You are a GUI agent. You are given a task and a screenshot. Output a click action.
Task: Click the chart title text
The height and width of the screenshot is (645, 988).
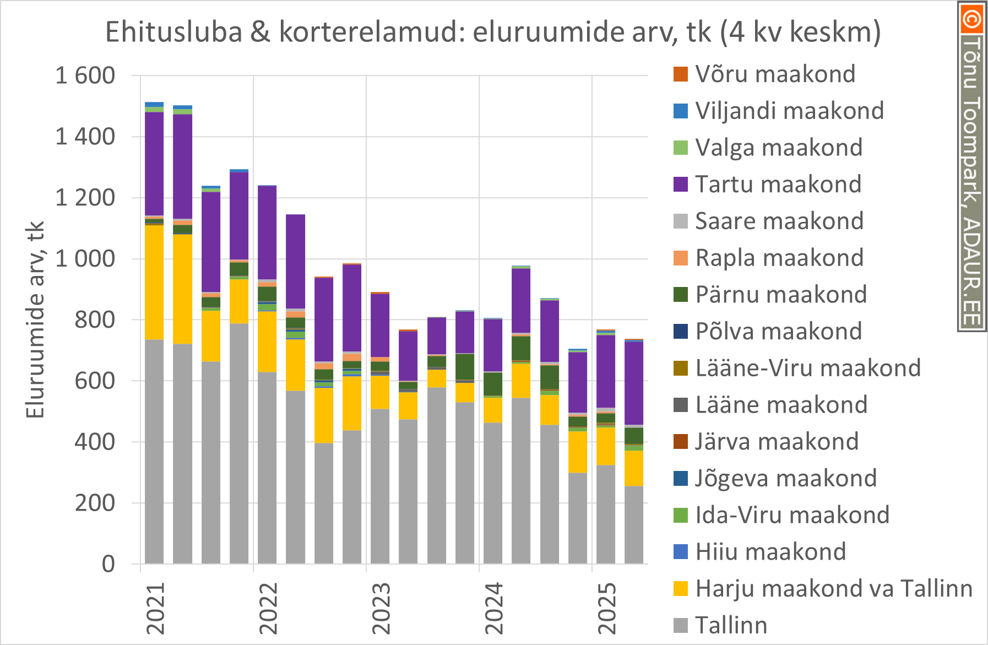pos(493,32)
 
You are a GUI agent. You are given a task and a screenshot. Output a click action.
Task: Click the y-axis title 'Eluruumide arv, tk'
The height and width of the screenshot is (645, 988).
pos(35,319)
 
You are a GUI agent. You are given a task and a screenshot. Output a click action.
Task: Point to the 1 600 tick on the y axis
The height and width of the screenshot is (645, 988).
pos(85,75)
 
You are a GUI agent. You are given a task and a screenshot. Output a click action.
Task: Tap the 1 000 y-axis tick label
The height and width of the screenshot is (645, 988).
pos(85,258)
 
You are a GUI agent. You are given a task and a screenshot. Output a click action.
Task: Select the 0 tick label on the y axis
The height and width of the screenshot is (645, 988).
pos(108,563)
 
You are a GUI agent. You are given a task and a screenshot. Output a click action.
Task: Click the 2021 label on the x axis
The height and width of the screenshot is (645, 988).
pos(155,609)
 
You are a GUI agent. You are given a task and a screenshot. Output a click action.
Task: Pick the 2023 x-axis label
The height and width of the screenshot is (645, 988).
pos(381,609)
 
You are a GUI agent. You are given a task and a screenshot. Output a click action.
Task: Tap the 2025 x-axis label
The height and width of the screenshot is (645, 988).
pos(607,609)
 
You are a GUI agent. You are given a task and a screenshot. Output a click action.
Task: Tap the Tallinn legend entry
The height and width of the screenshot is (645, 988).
pos(731,625)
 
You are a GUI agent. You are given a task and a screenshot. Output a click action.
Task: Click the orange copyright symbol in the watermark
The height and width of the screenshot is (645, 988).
pos(971,19)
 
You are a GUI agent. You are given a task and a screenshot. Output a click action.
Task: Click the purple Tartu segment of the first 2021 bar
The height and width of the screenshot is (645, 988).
pos(154,164)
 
